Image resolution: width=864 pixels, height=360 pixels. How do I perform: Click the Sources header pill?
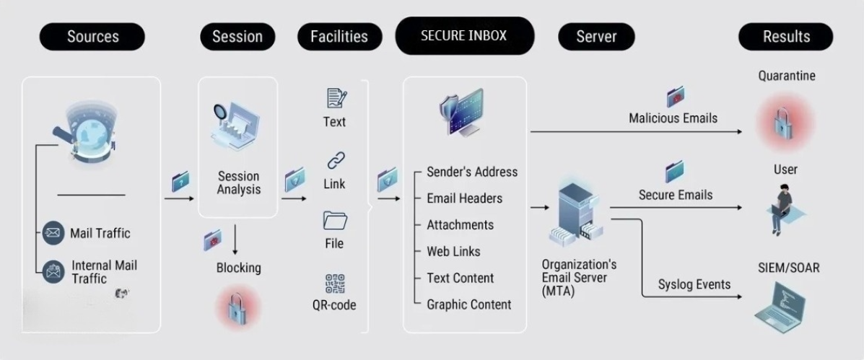point(92,37)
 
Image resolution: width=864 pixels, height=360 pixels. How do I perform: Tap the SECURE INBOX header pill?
point(464,35)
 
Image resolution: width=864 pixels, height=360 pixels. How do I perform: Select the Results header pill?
point(786,37)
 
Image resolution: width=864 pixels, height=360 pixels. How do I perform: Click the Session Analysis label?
point(238,183)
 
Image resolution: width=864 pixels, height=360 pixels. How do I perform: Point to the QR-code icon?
point(334,284)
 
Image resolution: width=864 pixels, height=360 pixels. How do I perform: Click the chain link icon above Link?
point(335,161)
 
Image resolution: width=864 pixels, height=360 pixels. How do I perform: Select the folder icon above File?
point(335,220)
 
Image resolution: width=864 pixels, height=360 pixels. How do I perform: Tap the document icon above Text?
point(336,97)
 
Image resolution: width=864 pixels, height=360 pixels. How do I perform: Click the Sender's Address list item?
point(472,172)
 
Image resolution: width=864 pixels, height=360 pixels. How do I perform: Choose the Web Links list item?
point(453,251)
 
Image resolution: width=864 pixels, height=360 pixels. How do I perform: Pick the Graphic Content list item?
point(468,304)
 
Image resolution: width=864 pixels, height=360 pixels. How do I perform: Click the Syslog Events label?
point(694,284)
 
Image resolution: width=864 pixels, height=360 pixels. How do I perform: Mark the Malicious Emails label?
point(673,118)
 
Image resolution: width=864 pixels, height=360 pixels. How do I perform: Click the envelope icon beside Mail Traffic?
point(52,232)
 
